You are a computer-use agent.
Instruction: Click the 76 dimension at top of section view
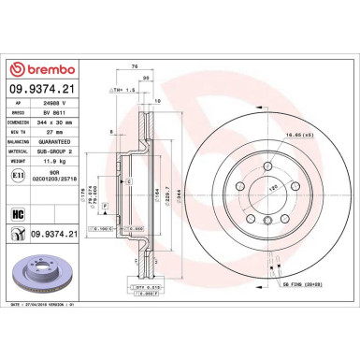coord(136,66)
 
